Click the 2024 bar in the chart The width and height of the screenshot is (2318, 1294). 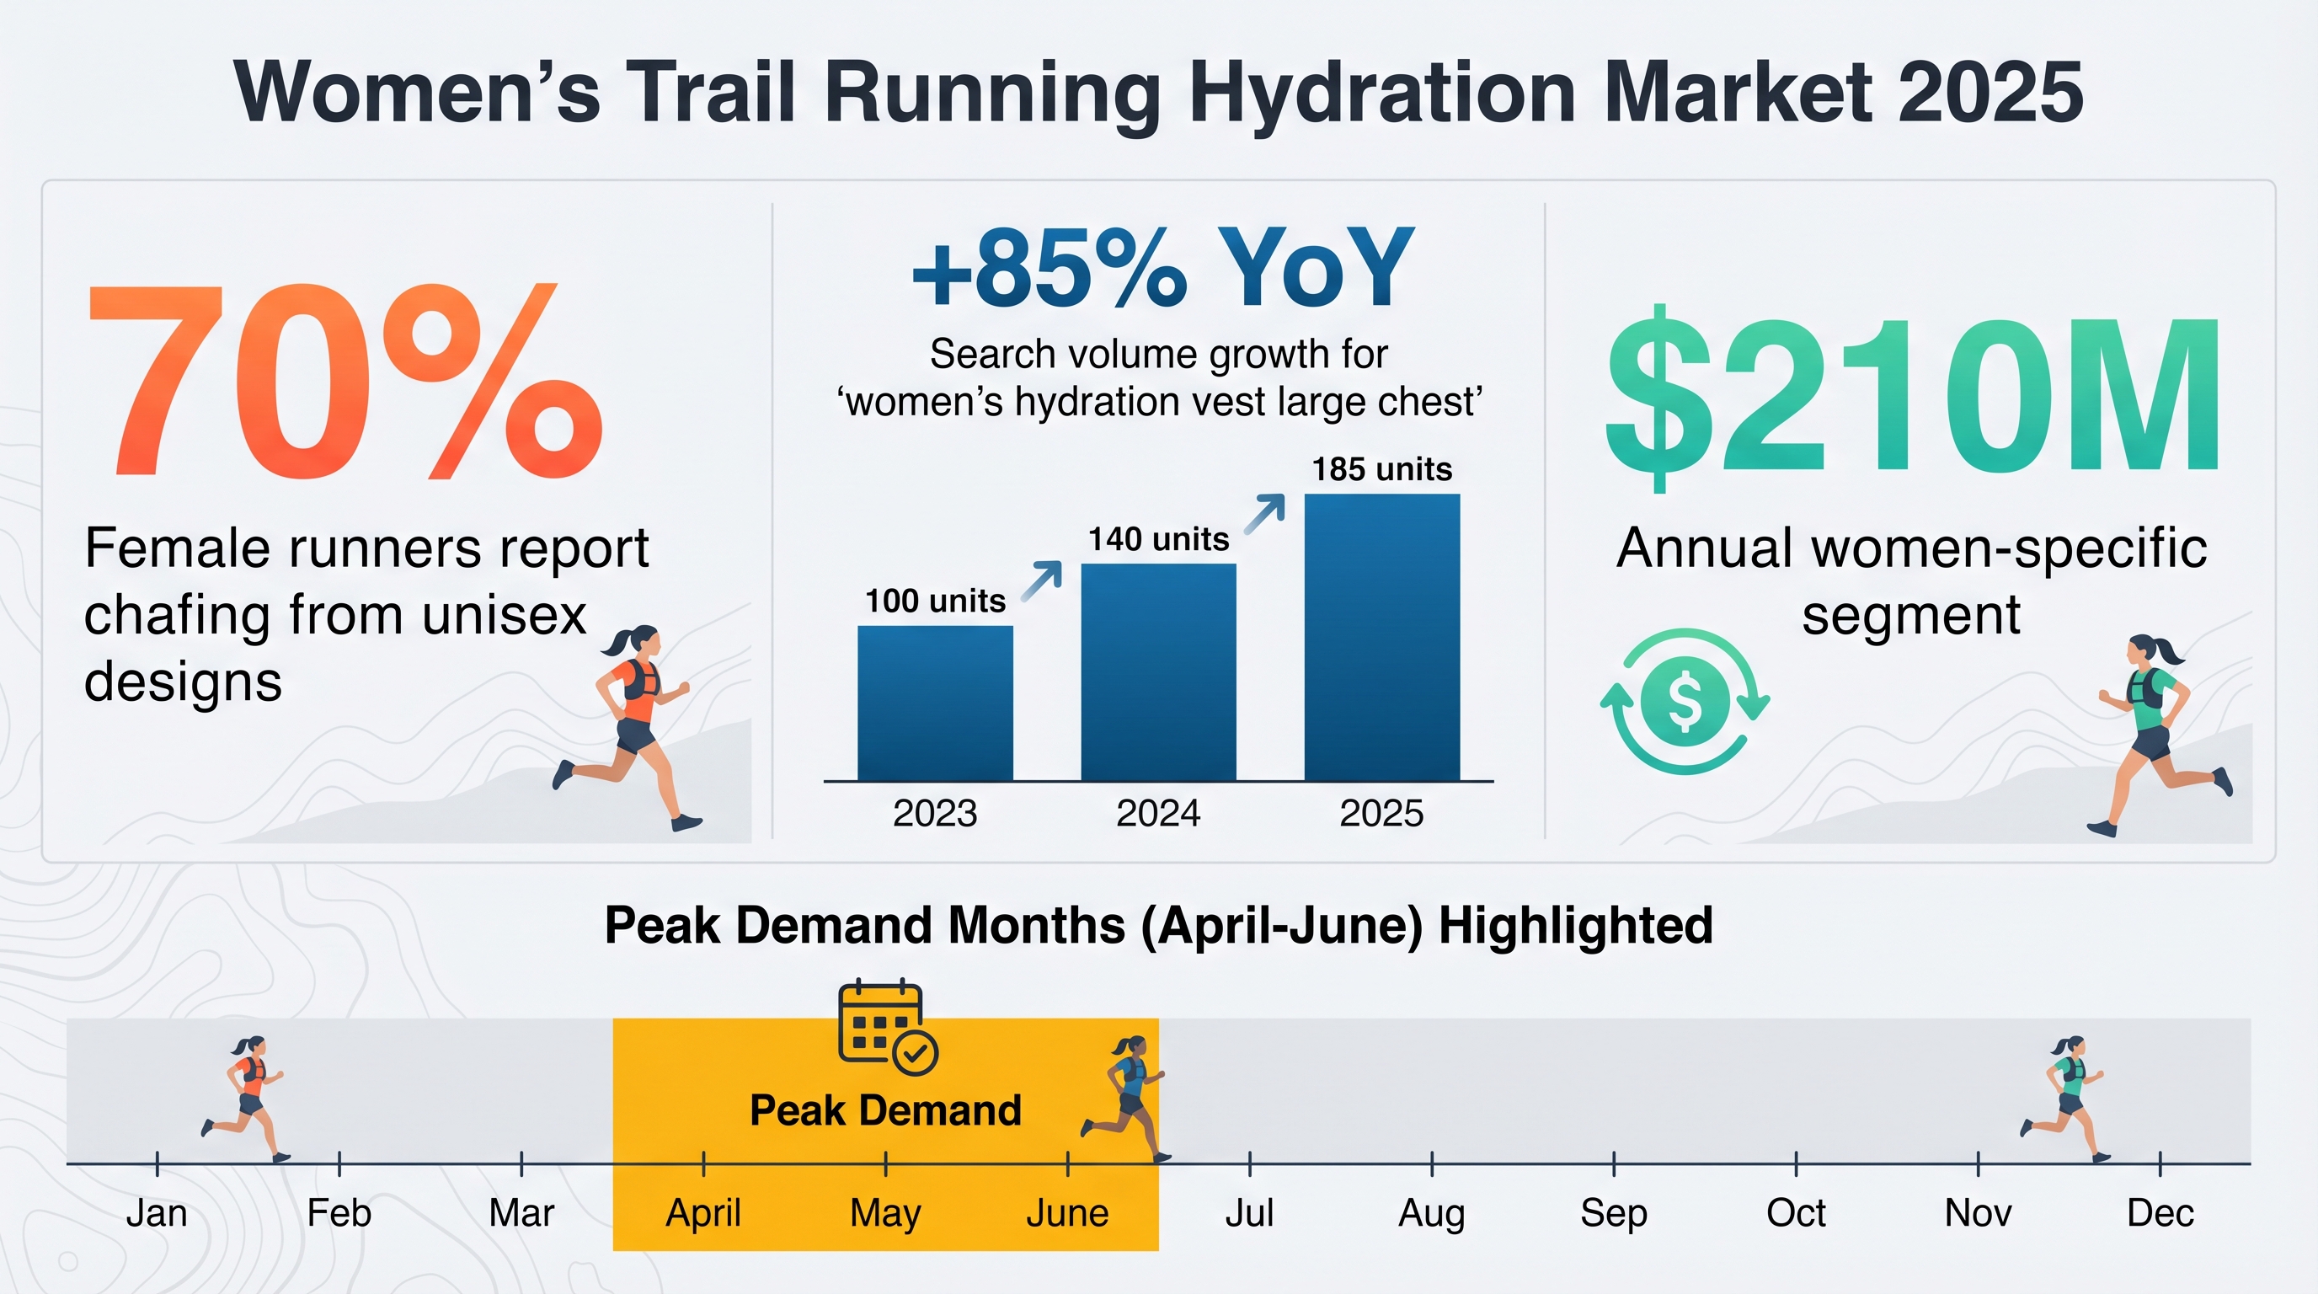click(1158, 672)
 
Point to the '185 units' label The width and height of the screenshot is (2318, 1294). click(1381, 469)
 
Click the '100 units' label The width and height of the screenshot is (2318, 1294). click(935, 600)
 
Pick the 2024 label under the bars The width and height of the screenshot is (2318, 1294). click(1158, 814)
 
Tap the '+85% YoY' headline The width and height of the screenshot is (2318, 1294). click(1162, 268)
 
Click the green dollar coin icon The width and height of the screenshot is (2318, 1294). click(1685, 701)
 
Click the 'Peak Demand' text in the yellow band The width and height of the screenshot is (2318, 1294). click(885, 1110)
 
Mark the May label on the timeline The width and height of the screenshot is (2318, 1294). click(885, 1213)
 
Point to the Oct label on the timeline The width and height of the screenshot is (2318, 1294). click(1795, 1213)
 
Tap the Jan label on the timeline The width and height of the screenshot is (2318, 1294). click(157, 1213)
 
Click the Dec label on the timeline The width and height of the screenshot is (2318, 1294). click(2160, 1213)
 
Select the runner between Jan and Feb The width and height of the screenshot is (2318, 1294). click(246, 1099)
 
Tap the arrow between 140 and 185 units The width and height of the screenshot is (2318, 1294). click(1264, 514)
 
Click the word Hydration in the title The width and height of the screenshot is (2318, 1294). click(1382, 92)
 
